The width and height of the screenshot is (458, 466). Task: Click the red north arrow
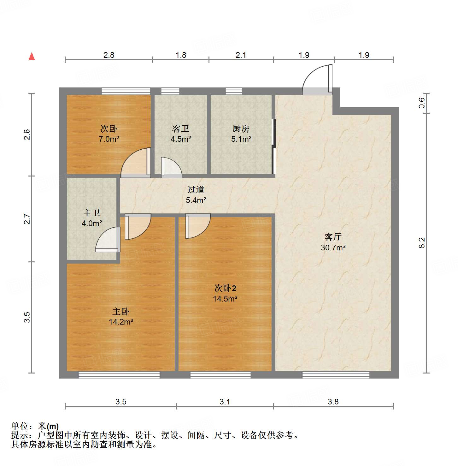click(x=32, y=56)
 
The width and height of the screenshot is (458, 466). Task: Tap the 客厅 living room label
click(x=333, y=237)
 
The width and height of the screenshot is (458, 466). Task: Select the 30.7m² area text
click(x=333, y=248)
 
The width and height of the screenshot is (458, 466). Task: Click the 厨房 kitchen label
click(x=241, y=128)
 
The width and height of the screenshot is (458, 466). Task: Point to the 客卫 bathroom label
click(x=181, y=128)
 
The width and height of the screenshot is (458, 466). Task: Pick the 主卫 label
click(x=91, y=213)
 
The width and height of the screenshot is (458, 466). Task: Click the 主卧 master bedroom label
click(x=121, y=312)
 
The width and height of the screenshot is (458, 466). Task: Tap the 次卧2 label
click(x=225, y=288)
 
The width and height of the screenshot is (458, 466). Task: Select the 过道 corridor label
click(x=196, y=189)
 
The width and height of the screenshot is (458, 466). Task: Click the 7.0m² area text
click(x=109, y=139)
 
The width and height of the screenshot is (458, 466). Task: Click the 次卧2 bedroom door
click(x=197, y=226)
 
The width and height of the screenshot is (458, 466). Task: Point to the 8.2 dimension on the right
click(x=422, y=242)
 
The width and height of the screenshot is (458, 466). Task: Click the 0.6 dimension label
click(x=422, y=103)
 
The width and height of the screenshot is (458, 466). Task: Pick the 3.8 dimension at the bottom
click(x=333, y=402)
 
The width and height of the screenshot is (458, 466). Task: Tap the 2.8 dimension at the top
click(x=109, y=55)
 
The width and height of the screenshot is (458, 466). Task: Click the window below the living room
click(x=336, y=375)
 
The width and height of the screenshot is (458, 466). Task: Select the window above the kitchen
click(x=234, y=91)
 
